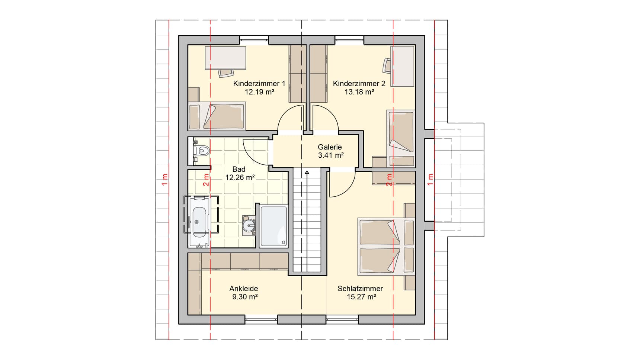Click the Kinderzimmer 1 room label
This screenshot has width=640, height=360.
[259, 84]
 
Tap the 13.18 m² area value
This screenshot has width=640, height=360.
[359, 92]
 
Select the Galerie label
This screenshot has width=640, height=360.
[330, 147]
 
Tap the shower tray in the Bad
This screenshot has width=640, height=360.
[274, 226]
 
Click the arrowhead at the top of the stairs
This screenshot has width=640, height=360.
[307, 172]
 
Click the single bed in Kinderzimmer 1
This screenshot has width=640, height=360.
[217, 116]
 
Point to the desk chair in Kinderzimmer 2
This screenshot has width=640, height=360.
[386, 66]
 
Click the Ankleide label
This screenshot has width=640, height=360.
[244, 289]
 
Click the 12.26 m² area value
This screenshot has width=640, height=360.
[240, 177]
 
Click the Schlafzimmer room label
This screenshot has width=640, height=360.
[360, 289]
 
